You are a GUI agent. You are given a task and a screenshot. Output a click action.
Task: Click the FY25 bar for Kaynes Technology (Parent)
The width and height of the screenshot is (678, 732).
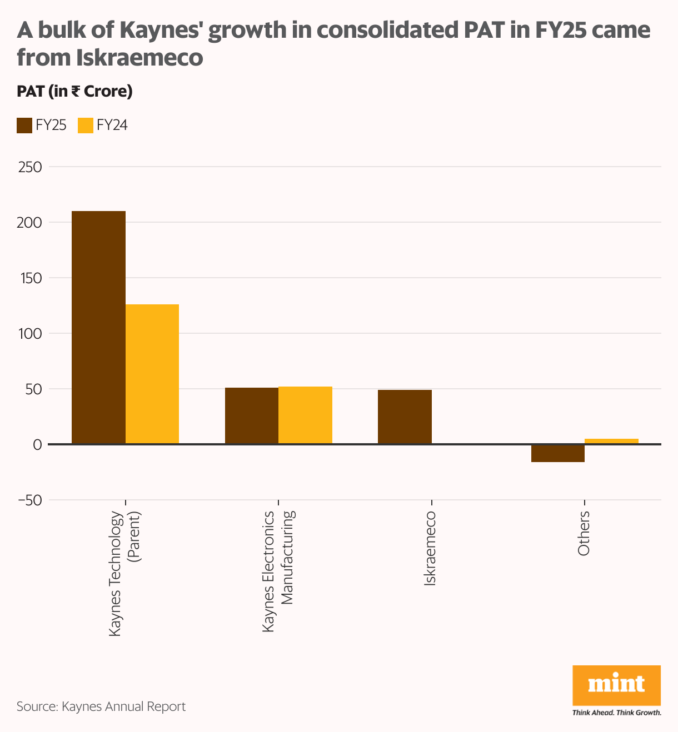tap(98, 327)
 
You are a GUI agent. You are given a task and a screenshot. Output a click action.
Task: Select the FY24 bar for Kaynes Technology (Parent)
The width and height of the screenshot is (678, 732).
tap(152, 374)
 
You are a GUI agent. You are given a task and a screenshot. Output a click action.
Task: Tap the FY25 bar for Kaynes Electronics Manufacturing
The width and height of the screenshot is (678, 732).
tap(251, 415)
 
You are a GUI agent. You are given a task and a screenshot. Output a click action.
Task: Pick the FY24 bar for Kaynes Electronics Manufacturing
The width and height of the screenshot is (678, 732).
tap(305, 415)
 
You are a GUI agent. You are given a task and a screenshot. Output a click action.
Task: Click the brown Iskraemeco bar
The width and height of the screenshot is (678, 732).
tap(405, 417)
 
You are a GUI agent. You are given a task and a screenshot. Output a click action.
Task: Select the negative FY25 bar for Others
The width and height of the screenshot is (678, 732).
tap(557, 453)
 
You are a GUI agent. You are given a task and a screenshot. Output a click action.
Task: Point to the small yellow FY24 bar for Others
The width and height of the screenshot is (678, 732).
tap(611, 441)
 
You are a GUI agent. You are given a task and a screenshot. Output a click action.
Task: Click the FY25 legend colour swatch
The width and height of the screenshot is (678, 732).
tap(24, 126)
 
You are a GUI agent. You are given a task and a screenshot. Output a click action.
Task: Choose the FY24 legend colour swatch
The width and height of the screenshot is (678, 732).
tap(85, 126)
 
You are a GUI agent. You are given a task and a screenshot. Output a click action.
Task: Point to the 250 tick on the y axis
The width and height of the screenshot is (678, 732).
tap(30, 167)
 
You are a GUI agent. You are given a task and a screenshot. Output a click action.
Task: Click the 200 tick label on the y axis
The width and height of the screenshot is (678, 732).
tap(30, 222)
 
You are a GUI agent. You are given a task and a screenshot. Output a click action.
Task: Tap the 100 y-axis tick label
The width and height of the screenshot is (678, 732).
tap(30, 333)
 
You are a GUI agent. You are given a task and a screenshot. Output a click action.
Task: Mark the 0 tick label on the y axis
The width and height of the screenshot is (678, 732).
tap(37, 444)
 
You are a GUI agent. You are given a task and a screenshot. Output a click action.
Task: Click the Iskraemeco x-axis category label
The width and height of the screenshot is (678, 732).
tap(430, 548)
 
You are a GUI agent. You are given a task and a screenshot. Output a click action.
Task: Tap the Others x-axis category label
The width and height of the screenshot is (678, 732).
tap(583, 533)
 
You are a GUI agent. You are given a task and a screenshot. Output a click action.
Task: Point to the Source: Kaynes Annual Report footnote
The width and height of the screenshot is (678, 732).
tap(101, 706)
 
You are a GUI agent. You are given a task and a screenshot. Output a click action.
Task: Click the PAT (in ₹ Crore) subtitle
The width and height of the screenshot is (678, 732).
tap(74, 91)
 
